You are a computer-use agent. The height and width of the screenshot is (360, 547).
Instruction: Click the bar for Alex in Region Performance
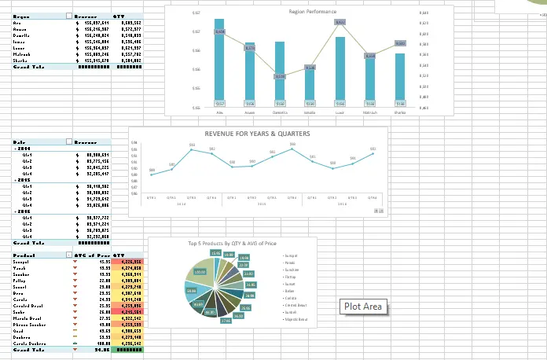[220, 63]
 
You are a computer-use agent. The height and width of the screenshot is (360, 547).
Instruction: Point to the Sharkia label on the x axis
[400, 112]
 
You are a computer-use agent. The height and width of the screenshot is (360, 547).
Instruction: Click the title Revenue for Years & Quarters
[257, 134]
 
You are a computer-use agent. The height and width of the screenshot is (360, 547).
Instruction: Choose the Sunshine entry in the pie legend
[292, 269]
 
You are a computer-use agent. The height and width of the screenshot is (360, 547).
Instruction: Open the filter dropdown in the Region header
[70, 15]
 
